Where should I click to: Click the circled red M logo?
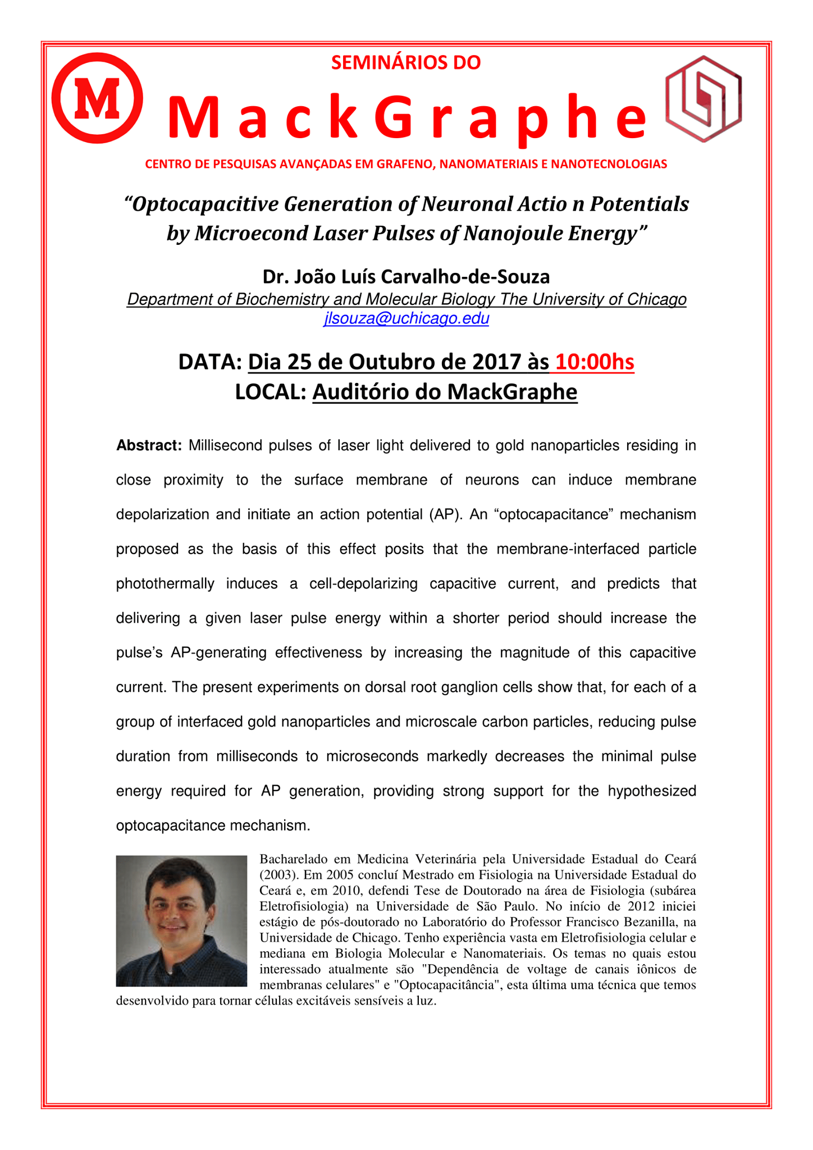coord(97,98)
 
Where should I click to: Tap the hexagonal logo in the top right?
coord(704,98)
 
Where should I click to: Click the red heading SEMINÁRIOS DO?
coord(405,62)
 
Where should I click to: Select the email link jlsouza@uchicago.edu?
coord(406,318)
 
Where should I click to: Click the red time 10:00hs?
coord(594,362)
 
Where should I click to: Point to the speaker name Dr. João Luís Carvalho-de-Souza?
coord(406,276)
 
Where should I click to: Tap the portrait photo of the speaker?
coord(181,920)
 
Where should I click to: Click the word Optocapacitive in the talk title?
coord(204,204)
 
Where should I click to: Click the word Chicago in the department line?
coord(656,299)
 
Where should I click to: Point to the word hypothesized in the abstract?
coord(652,791)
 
